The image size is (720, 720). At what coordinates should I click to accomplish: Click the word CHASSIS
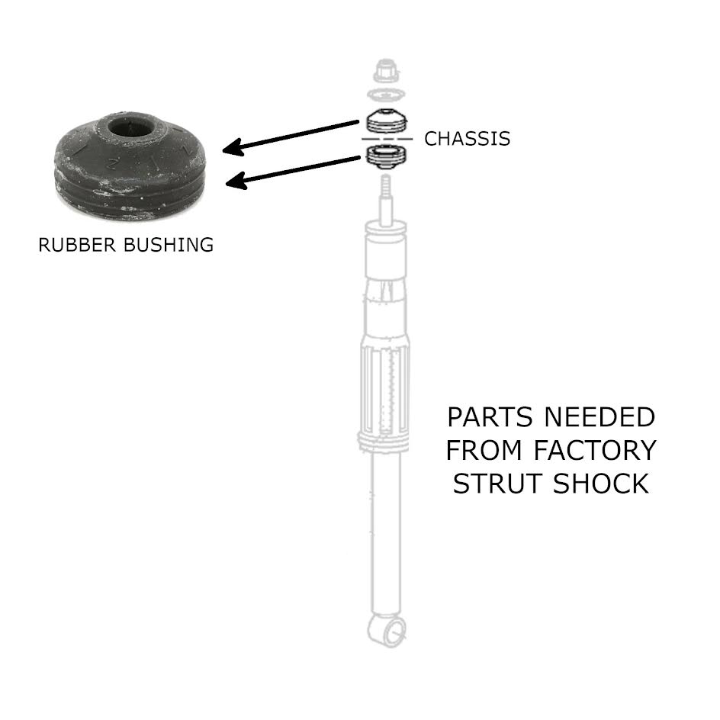click(x=467, y=139)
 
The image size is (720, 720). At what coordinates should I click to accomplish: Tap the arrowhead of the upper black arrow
click(x=228, y=149)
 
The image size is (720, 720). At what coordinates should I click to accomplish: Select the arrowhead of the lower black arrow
click(x=233, y=182)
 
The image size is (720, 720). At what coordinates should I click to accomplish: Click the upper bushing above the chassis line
click(x=385, y=121)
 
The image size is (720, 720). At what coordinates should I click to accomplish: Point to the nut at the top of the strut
click(x=384, y=71)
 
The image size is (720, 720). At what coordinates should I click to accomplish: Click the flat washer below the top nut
click(x=385, y=95)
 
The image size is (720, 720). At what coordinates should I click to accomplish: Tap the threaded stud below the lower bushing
click(x=385, y=187)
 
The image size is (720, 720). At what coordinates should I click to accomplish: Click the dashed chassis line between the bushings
click(x=385, y=140)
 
